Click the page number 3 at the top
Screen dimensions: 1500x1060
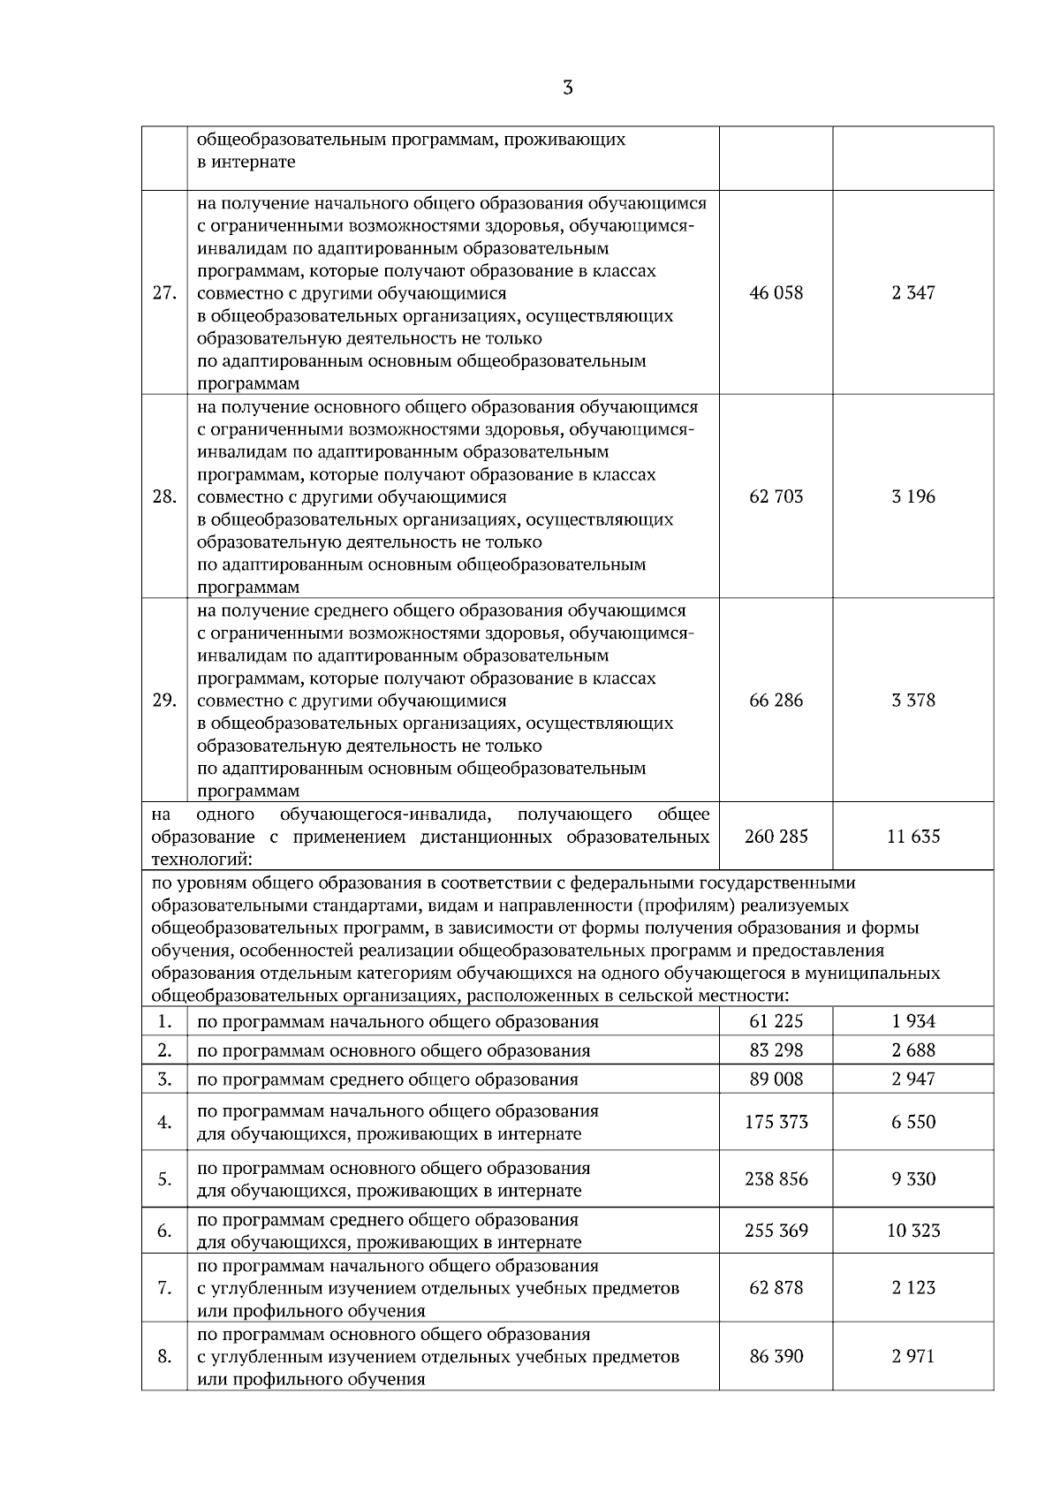567,87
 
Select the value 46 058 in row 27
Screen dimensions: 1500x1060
776,293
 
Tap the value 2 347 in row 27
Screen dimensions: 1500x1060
912,293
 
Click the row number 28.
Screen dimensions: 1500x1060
164,496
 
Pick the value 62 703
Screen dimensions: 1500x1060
776,496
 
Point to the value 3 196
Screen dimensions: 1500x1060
912,496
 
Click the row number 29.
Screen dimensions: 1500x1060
164,701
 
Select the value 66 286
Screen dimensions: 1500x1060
776,701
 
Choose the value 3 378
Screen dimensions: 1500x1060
912,701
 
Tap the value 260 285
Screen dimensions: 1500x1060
776,836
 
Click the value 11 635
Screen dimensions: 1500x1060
912,836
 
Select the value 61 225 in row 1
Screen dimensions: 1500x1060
776,1021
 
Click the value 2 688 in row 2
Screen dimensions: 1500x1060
912,1050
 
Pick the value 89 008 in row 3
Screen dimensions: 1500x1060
776,1079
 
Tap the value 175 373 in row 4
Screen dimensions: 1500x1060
776,1122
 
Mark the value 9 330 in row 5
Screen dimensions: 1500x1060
912,1179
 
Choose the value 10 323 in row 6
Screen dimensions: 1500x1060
912,1231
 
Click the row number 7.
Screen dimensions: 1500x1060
164,1288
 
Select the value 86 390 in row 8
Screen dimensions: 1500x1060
776,1356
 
